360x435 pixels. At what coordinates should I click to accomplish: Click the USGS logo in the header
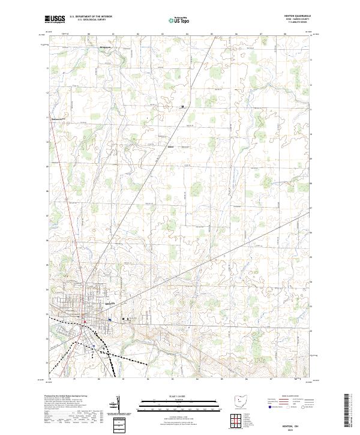(55, 19)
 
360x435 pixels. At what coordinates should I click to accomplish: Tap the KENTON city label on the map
(109, 304)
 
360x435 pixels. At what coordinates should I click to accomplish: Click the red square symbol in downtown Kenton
(85, 322)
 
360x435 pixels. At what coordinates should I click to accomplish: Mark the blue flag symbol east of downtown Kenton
(110, 320)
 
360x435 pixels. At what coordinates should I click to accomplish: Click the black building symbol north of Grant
(182, 107)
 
